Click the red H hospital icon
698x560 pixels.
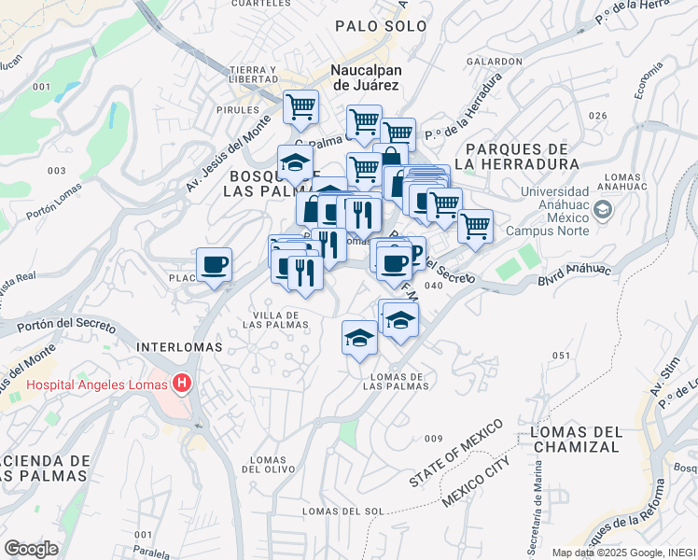182,384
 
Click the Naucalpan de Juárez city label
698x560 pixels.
365,77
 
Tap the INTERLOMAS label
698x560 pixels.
179,346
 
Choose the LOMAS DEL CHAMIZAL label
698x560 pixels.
573,439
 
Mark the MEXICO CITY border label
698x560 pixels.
476,482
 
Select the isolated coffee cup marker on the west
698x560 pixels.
215,264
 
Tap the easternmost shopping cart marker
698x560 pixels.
476,225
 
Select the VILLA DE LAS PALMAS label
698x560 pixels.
275,319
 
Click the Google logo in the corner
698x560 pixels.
32,548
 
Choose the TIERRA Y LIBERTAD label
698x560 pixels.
254,75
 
